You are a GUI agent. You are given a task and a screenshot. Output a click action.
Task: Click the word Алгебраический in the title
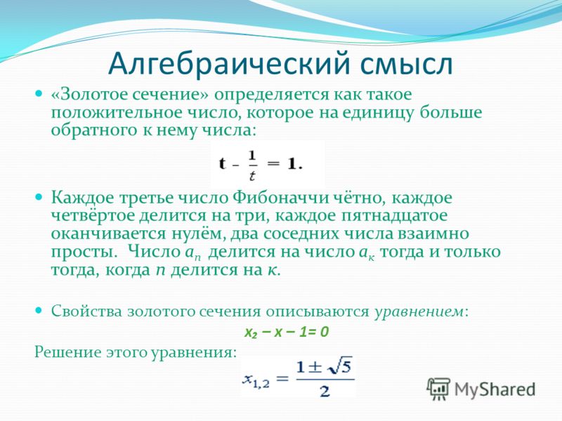pos(229,65)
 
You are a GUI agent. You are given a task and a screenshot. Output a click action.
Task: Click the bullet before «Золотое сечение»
pos(39,94)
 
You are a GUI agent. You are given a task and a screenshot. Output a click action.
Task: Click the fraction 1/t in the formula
pos(252,166)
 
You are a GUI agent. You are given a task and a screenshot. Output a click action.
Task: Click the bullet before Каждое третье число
pos(39,197)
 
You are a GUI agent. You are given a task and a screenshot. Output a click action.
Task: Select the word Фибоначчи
pos(281,198)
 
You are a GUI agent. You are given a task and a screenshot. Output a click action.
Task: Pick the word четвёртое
pos(93,216)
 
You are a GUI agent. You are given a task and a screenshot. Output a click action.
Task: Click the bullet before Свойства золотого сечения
pos(39,310)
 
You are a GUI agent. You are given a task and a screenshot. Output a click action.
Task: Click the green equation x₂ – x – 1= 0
pos(287,332)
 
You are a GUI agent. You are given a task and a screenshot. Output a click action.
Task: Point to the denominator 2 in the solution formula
pos(325,391)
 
